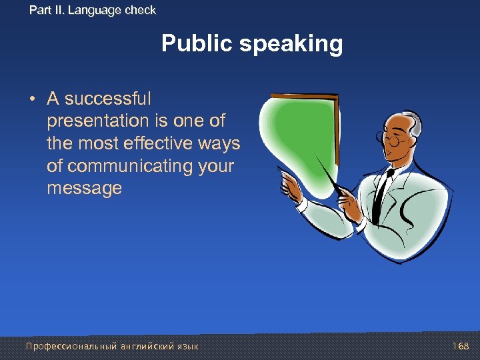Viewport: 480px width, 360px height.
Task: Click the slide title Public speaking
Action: (252, 44)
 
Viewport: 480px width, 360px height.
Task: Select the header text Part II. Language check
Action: (93, 10)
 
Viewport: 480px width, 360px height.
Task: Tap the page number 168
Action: (461, 346)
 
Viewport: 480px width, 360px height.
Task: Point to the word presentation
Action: (98, 121)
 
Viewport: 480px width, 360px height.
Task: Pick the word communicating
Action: (129, 166)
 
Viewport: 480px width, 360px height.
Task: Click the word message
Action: (84, 189)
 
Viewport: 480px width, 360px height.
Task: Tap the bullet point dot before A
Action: (32, 100)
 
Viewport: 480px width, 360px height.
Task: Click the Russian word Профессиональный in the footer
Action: (71, 346)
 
